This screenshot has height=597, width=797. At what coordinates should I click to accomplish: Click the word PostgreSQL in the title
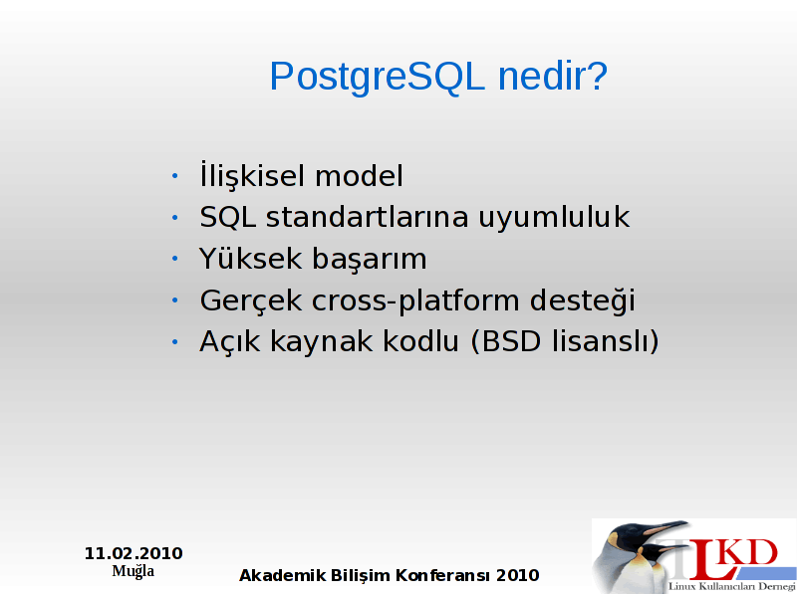(x=377, y=78)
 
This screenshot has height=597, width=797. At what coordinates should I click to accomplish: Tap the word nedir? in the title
(x=553, y=76)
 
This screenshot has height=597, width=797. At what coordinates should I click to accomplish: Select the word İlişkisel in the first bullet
(x=253, y=175)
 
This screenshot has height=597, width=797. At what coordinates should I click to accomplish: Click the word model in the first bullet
(x=359, y=176)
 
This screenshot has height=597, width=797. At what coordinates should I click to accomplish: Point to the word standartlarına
(x=367, y=217)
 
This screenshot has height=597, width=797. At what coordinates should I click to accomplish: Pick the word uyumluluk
(x=554, y=218)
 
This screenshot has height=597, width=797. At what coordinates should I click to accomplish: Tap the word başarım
(x=369, y=260)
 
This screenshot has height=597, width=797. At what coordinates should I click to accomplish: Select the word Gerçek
(x=251, y=300)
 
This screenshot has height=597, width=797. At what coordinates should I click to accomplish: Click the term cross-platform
(x=415, y=300)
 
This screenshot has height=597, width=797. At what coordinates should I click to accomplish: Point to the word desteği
(x=583, y=299)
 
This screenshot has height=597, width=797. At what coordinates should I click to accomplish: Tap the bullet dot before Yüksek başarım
(x=175, y=259)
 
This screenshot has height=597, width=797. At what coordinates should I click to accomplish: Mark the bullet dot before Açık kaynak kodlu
(x=175, y=341)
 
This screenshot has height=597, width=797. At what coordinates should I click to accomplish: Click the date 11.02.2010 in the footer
(x=133, y=553)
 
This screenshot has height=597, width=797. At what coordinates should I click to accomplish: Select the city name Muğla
(x=133, y=571)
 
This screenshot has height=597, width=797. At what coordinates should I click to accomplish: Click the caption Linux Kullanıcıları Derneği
(x=732, y=587)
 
